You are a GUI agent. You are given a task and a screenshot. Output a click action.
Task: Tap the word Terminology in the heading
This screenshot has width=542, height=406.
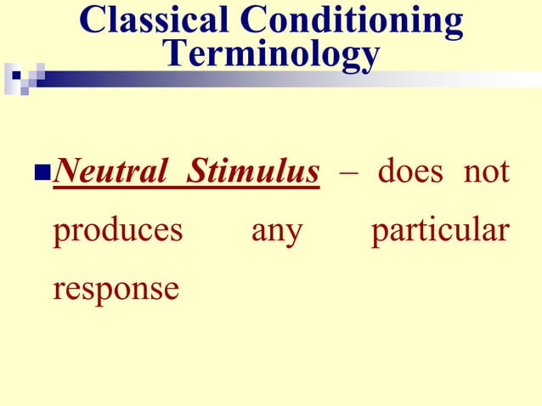pos(271,54)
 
